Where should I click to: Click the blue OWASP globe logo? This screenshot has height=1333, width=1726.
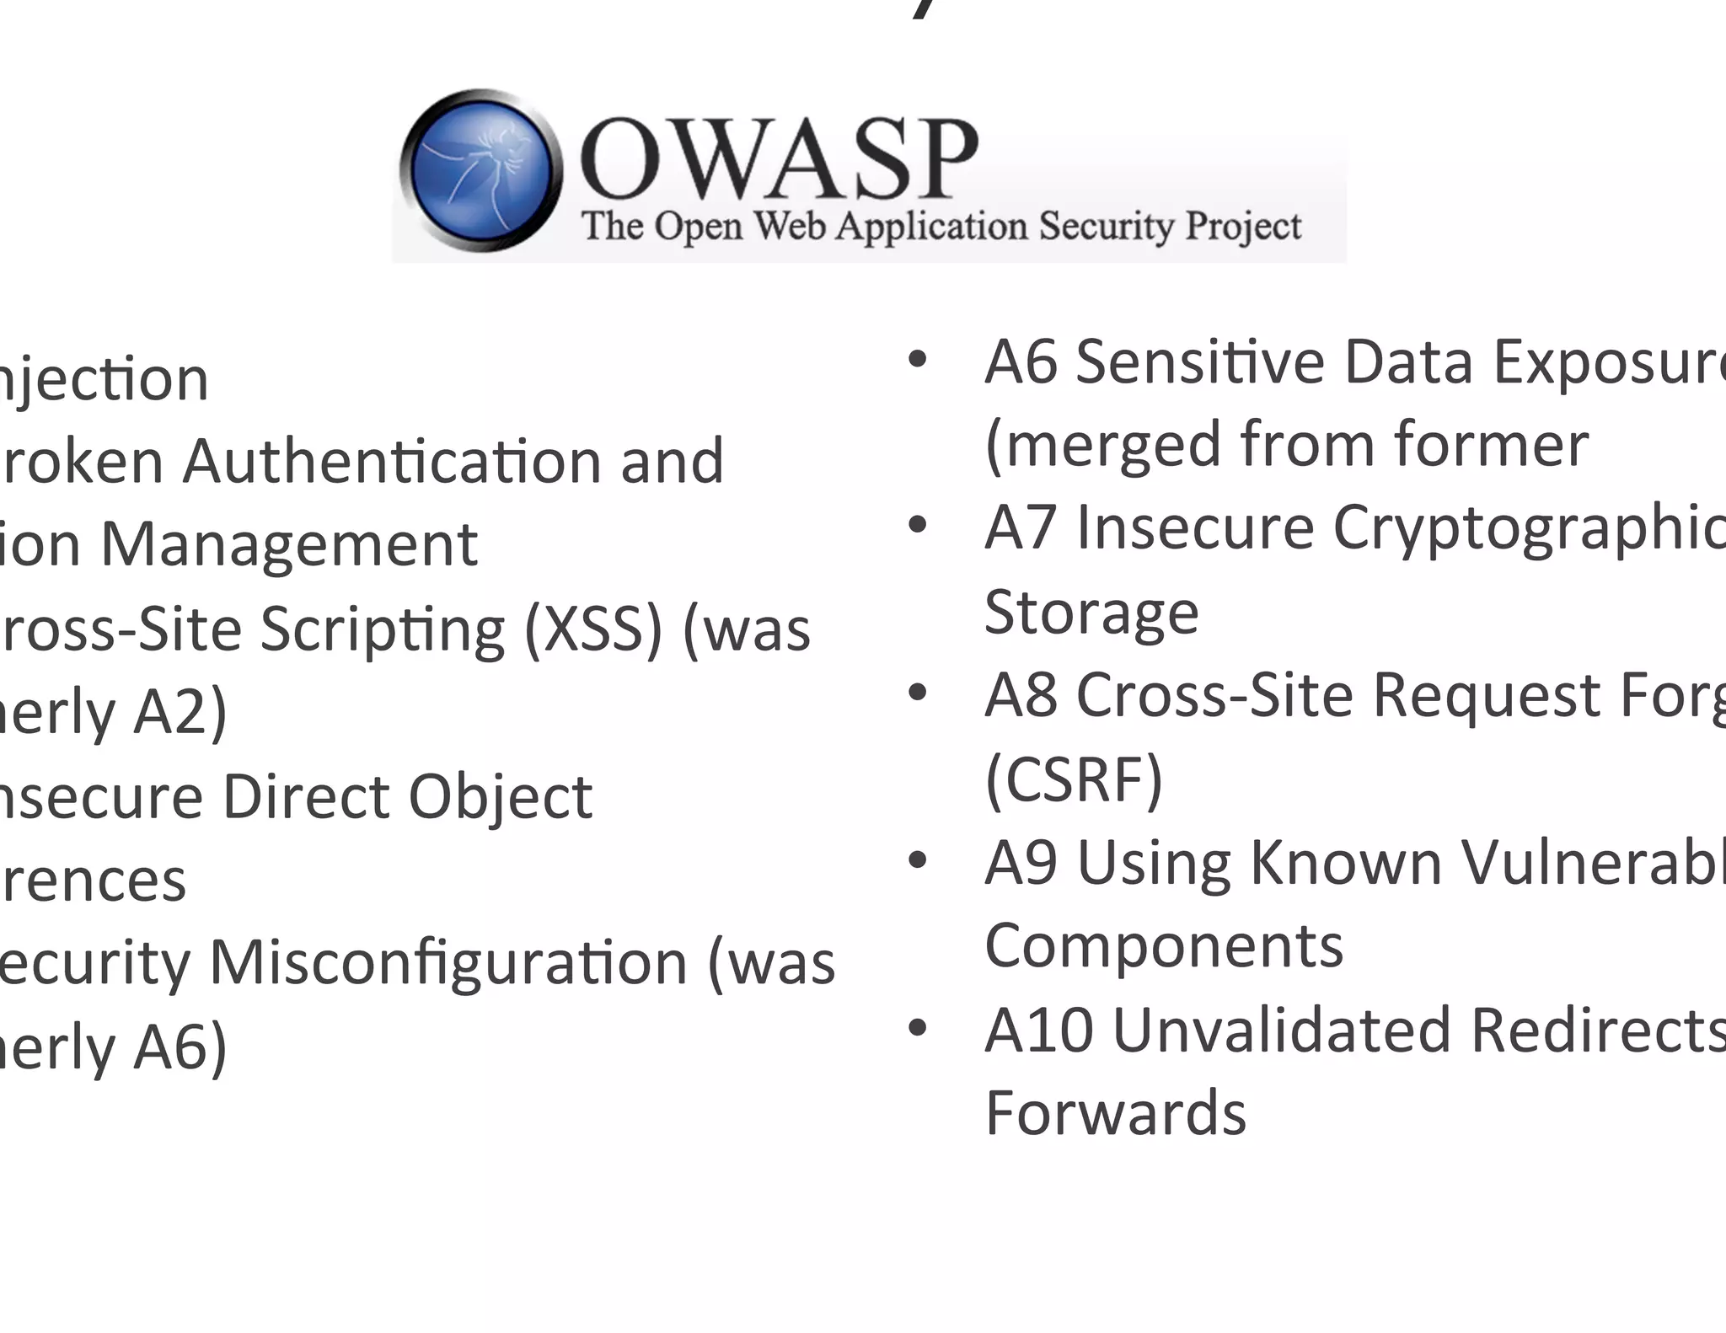[x=480, y=170]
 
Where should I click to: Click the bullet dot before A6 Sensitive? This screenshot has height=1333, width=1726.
[x=917, y=361]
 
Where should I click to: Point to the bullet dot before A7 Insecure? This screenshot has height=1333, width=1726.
[x=917, y=526]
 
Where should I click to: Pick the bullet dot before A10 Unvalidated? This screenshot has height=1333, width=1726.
[x=917, y=1028]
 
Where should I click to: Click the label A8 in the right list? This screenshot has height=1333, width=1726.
[x=1021, y=694]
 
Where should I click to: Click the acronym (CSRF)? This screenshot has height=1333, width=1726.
[x=1074, y=779]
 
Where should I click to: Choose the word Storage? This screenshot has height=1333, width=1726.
[x=1091, y=611]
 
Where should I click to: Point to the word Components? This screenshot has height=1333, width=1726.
[x=1164, y=945]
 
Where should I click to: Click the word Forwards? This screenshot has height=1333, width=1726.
[x=1115, y=1112]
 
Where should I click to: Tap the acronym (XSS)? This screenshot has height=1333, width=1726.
[x=592, y=629]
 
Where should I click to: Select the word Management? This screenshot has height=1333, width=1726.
[x=289, y=544]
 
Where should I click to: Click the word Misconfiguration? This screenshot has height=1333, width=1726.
[x=448, y=962]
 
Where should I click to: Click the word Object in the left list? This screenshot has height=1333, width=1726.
[x=501, y=796]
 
